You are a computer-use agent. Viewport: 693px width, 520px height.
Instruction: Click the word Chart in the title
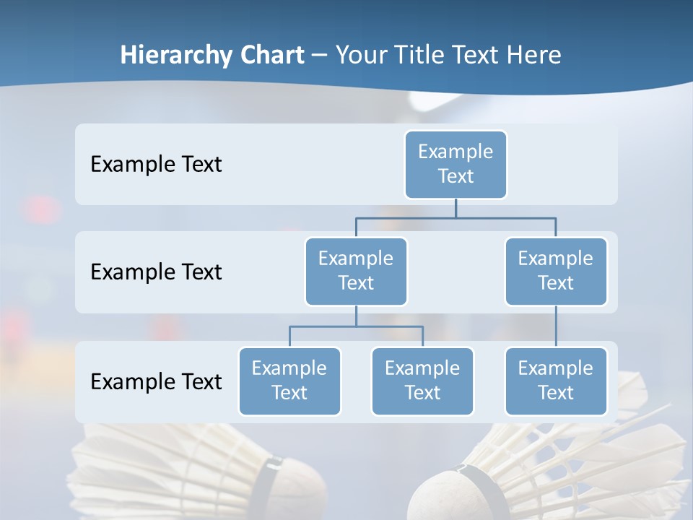[269, 56]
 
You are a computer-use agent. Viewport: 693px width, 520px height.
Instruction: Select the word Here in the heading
[533, 56]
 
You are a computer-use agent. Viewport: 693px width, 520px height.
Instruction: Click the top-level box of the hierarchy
[456, 164]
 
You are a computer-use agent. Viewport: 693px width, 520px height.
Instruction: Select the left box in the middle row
[356, 271]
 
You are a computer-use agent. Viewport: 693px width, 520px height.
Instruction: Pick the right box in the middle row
[555, 271]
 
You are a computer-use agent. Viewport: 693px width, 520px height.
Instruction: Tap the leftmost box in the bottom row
[289, 381]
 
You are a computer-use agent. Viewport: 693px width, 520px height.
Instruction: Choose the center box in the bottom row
[422, 381]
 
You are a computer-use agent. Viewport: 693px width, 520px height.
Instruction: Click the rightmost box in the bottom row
[555, 381]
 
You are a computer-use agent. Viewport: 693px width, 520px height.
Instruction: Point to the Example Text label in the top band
[156, 165]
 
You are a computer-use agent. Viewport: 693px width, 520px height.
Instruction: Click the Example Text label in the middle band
[156, 272]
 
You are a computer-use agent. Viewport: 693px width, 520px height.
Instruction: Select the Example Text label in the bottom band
[156, 382]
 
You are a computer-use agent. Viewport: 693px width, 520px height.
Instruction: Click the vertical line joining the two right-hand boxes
[556, 326]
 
